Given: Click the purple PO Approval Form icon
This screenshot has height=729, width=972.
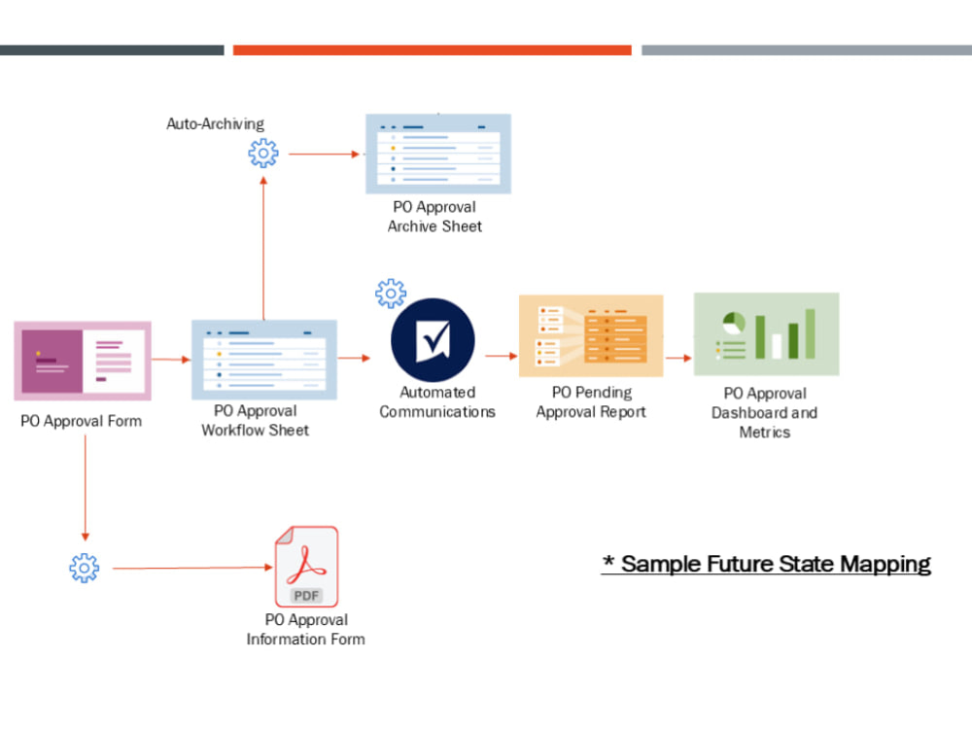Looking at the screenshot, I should [x=83, y=361].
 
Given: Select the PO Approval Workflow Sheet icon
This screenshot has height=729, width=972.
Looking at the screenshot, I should [x=264, y=359].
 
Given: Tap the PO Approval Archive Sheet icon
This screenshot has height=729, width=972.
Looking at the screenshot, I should [x=438, y=154].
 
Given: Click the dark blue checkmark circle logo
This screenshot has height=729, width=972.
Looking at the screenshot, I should [x=433, y=340].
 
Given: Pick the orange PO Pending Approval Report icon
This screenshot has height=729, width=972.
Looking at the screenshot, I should [x=591, y=335].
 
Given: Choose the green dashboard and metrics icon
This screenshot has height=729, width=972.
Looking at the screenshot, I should [x=766, y=333].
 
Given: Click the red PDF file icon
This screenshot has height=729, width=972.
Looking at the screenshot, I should [x=306, y=567].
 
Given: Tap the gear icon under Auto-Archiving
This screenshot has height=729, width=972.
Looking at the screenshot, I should [x=262, y=153].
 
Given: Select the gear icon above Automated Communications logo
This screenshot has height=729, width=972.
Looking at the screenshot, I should [x=391, y=293].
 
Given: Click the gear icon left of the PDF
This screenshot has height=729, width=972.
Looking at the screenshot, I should [x=85, y=568].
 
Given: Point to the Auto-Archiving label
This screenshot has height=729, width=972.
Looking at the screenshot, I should [x=215, y=123].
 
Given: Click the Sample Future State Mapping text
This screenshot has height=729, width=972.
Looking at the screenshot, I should [x=767, y=564].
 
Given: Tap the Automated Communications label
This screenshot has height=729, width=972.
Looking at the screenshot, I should [x=437, y=402].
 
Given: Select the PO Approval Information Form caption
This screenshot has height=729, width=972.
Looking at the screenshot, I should [x=306, y=630].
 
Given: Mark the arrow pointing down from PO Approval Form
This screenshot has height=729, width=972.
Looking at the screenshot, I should [x=86, y=486].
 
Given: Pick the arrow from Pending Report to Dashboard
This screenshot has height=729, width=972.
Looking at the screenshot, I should [x=678, y=357].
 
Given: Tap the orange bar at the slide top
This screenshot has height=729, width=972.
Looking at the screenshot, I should [x=432, y=50].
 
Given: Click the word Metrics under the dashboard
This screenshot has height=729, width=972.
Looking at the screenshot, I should [x=765, y=433].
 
